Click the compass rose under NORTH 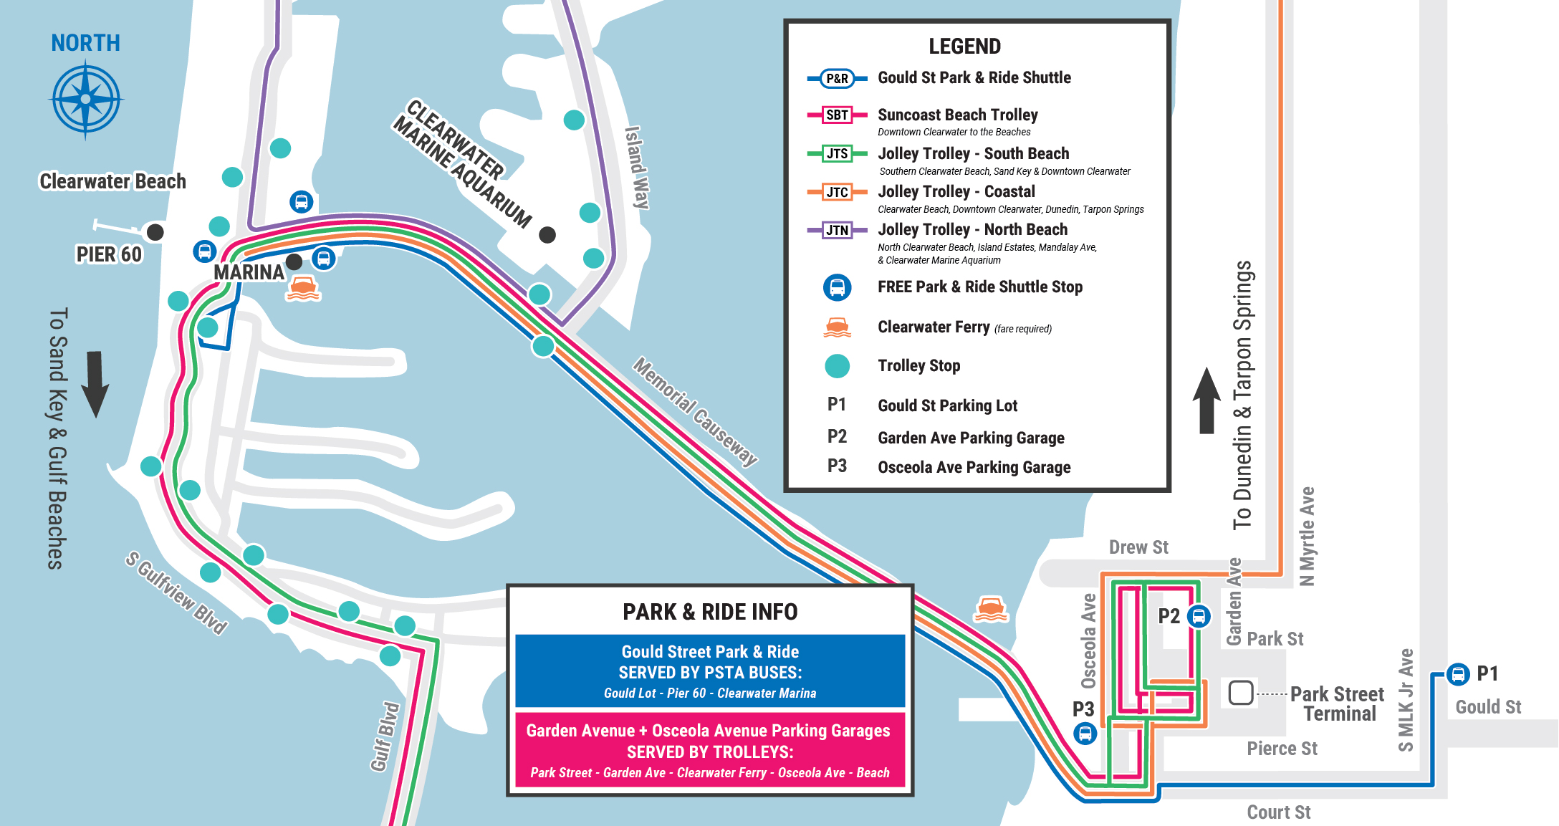(x=86, y=99)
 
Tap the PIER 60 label (x=109, y=254)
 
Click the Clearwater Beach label (x=112, y=181)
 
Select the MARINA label (x=249, y=272)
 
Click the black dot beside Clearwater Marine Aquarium (x=547, y=234)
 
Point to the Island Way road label (x=637, y=168)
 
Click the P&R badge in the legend (x=837, y=78)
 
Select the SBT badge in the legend (x=837, y=115)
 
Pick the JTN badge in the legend (x=837, y=230)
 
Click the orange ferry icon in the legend (x=837, y=327)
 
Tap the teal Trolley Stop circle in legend (x=837, y=366)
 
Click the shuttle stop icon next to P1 (x=1458, y=674)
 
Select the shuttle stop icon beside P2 (x=1199, y=616)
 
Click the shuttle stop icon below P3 (x=1085, y=734)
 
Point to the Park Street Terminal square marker (x=1241, y=693)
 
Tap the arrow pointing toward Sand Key (x=95, y=384)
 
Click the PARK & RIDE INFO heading (x=710, y=612)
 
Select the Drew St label (x=1138, y=547)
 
